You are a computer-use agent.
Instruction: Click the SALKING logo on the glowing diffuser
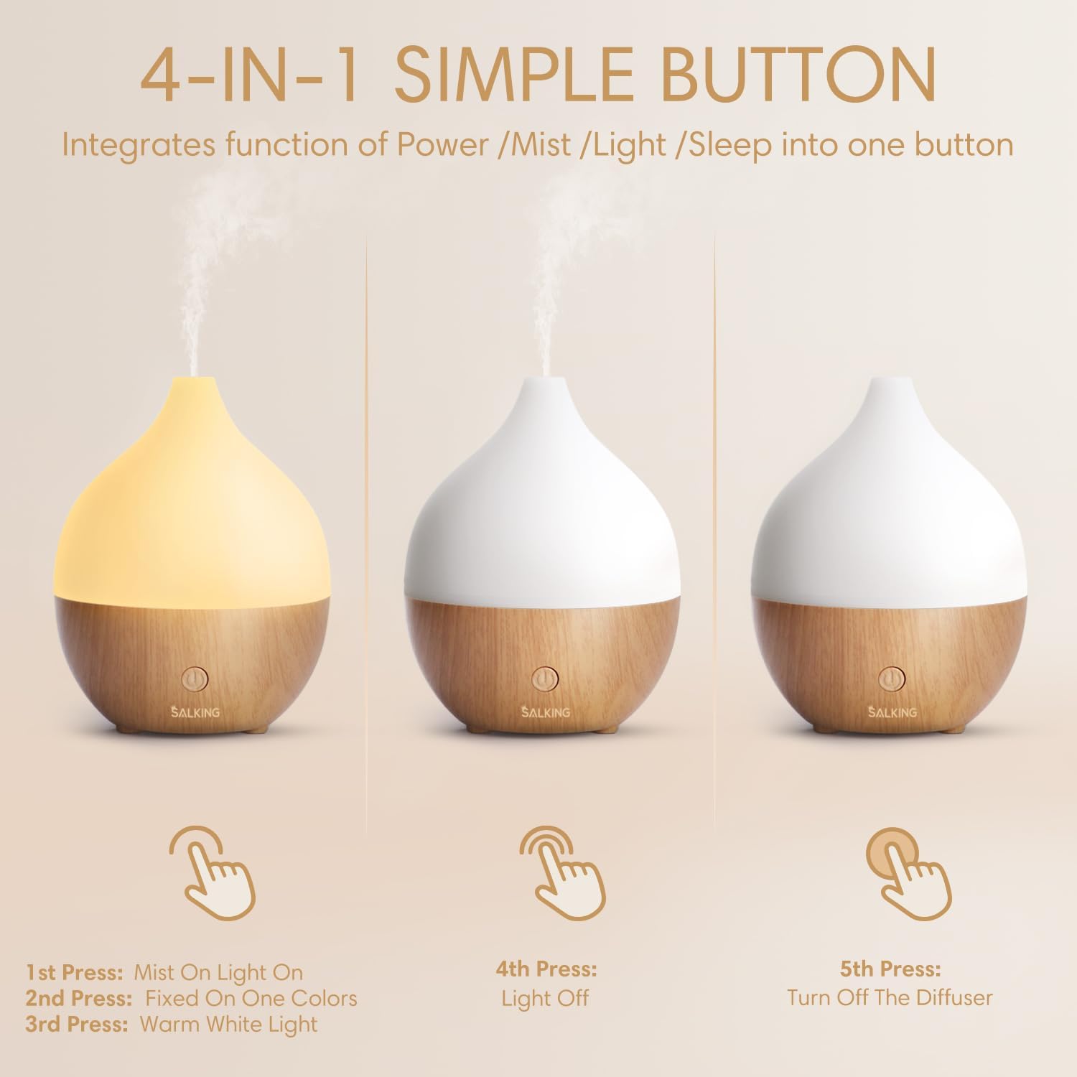click(195, 712)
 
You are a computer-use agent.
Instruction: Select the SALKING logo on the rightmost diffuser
click(892, 712)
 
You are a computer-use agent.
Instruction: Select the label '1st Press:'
click(75, 972)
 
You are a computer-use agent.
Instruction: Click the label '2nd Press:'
click(78, 998)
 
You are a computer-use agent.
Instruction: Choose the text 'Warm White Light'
click(228, 1024)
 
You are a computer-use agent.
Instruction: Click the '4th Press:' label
click(546, 969)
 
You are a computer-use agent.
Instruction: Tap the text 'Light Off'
click(545, 998)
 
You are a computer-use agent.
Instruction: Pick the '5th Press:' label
click(890, 969)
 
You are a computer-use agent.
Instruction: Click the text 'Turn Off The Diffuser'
click(890, 997)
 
